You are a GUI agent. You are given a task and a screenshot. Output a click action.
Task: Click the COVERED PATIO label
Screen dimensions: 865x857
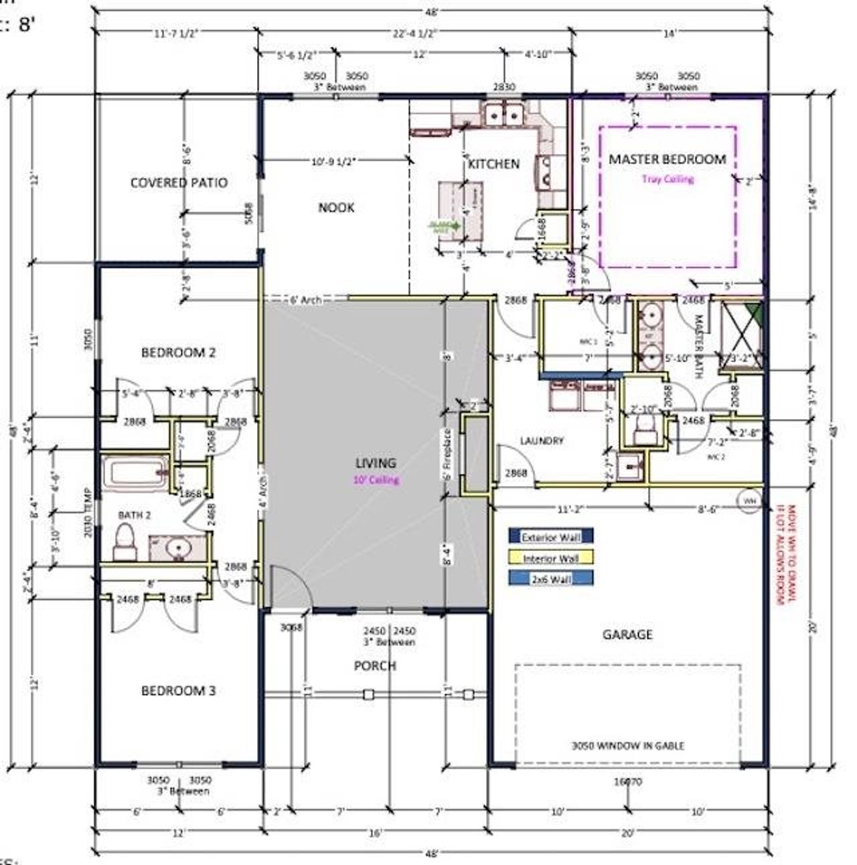[x=179, y=183]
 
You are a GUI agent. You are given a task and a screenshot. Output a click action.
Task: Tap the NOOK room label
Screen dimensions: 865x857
[x=336, y=208]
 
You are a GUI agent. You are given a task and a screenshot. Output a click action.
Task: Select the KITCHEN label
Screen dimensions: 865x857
[x=494, y=164]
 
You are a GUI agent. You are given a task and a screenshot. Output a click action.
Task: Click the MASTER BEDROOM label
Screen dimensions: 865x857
[x=667, y=159]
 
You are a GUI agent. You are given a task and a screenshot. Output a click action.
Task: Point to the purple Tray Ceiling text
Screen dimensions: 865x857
[x=668, y=179]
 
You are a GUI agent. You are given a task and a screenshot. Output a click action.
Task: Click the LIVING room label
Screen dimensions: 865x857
[x=376, y=463]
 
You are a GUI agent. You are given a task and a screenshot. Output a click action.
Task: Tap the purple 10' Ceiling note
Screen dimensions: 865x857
[x=376, y=479]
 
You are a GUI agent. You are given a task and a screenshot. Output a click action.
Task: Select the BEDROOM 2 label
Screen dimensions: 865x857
[x=178, y=352]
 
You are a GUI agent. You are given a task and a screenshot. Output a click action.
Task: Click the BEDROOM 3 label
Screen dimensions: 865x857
[x=178, y=690]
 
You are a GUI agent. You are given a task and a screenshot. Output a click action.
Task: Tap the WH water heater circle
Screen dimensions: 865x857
[x=749, y=499]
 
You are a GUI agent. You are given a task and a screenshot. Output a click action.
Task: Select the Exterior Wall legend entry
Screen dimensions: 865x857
[x=550, y=536]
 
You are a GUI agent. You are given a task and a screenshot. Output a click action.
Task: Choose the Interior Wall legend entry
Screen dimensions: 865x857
[x=550, y=558]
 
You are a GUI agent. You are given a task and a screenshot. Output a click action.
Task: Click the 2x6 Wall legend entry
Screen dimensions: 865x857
[x=550, y=579]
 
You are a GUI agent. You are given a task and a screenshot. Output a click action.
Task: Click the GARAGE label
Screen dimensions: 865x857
[x=627, y=634]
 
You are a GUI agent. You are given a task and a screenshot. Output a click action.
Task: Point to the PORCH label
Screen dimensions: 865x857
[x=375, y=665]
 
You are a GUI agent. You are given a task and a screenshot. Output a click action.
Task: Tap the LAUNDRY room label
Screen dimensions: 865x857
[x=542, y=441]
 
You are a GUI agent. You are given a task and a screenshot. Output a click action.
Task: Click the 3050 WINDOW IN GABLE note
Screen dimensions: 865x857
[x=627, y=745]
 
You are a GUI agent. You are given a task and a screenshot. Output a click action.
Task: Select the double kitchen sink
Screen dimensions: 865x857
[x=504, y=115]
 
